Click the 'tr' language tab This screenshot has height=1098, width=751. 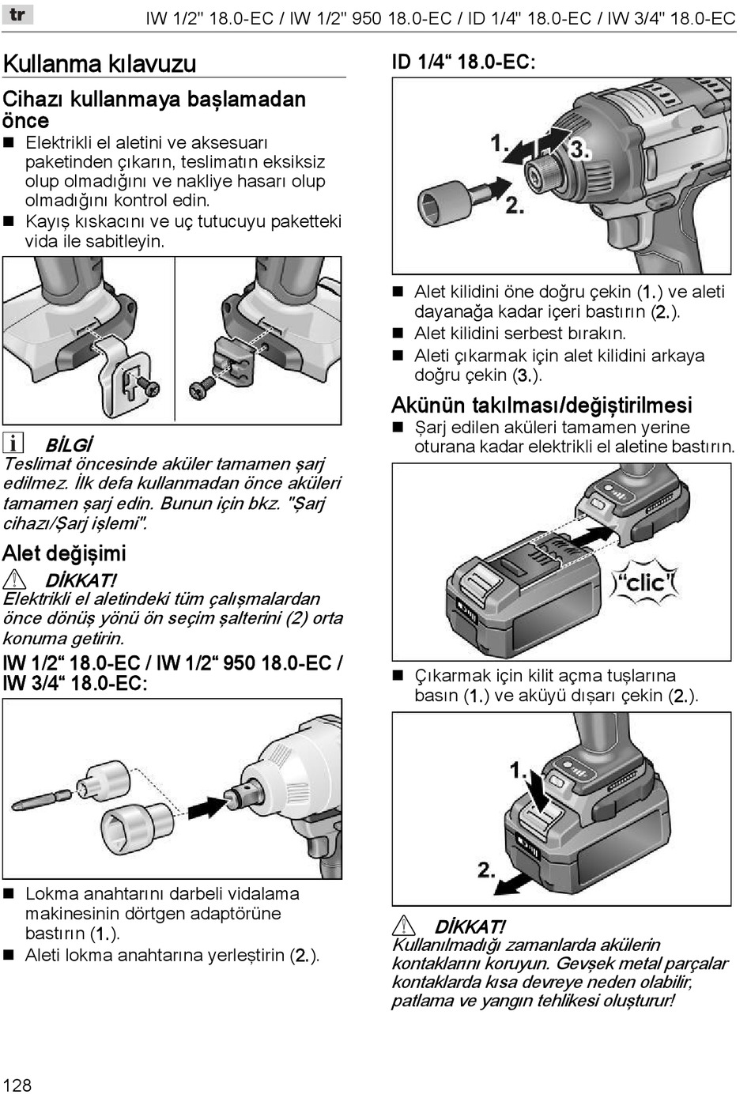[18, 14]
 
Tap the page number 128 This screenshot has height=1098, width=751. [17, 1085]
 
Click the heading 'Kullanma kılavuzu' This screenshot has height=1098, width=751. [100, 63]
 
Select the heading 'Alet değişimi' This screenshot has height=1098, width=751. [64, 553]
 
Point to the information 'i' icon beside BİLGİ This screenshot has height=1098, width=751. [13, 443]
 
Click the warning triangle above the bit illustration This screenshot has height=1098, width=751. [14, 579]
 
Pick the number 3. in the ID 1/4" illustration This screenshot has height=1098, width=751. [579, 149]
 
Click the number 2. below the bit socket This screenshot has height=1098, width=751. [515, 206]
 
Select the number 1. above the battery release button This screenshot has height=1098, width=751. [519, 769]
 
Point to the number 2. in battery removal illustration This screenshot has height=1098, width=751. [487, 870]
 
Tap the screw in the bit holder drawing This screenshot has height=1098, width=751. [202, 387]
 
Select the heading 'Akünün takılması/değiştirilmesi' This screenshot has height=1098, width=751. [542, 405]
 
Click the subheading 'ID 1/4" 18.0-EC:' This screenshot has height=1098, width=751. [464, 62]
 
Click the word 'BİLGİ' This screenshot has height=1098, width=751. [69, 444]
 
